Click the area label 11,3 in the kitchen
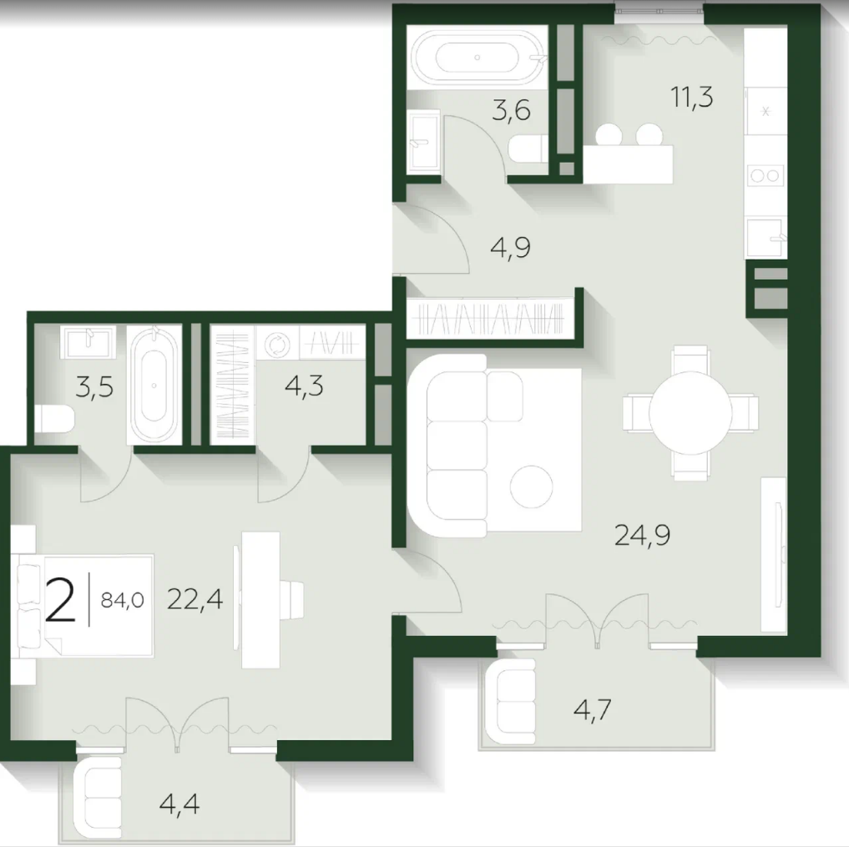click(691, 98)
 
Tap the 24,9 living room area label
click(642, 535)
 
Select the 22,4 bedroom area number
click(195, 599)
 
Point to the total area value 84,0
click(123, 600)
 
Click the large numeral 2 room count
click(60, 599)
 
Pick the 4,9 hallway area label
click(510, 247)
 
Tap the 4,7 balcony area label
click(593, 709)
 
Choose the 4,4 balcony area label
click(179, 803)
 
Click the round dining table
click(690, 413)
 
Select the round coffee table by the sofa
click(531, 487)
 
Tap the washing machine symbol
click(277, 343)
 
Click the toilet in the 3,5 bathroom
click(54, 418)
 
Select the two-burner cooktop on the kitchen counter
click(766, 175)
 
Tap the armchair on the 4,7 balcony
click(511, 702)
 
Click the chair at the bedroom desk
click(291, 599)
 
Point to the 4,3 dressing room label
click(304, 386)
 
